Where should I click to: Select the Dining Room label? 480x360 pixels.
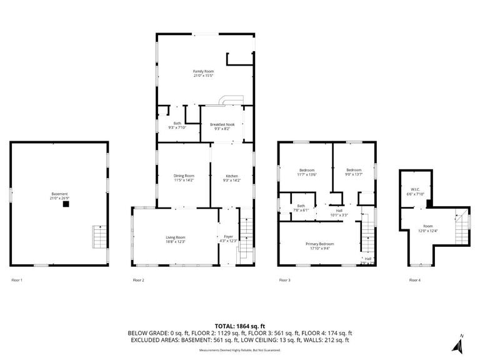pos(184,177)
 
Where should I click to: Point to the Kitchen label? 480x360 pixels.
pos(231,177)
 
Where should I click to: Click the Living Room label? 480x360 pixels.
pos(176,239)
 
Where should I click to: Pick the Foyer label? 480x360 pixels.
pos(228,238)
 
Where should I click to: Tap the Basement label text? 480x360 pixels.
pos(59,196)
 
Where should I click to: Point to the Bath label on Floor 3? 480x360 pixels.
pos(301,207)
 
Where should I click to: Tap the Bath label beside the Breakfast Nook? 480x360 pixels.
pos(177,125)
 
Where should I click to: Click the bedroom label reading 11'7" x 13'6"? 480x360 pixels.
pos(307,172)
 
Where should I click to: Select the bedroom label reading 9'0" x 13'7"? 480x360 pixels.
pos(354,172)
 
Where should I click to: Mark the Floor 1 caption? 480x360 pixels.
pos(17,280)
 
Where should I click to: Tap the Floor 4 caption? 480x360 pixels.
pos(414,280)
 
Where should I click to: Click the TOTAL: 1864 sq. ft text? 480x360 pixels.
pos(240,326)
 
